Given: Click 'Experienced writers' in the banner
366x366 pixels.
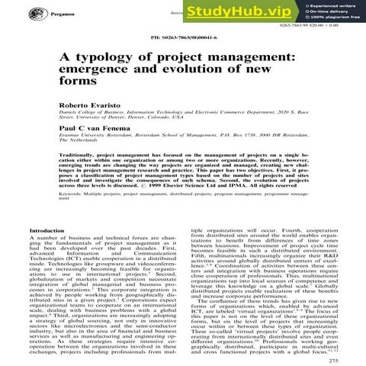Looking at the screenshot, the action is pos(333,6).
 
